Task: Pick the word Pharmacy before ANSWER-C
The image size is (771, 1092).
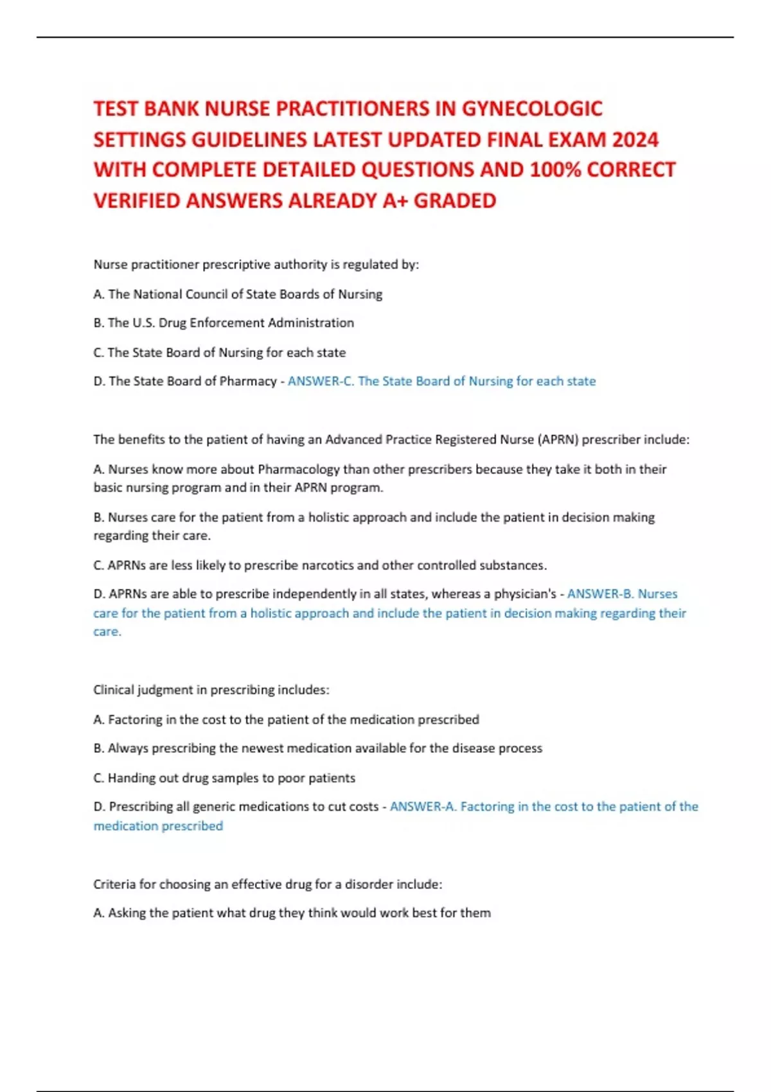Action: (248, 381)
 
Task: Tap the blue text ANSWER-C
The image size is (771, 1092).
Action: (321, 381)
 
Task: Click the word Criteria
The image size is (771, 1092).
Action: (114, 884)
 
